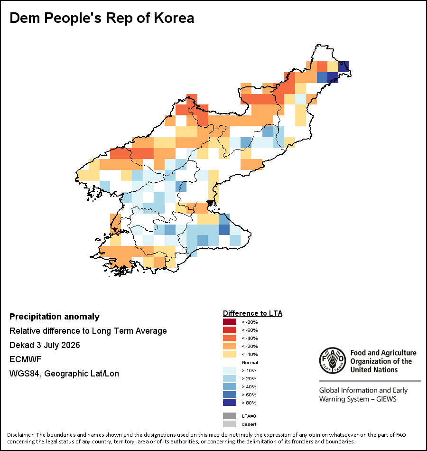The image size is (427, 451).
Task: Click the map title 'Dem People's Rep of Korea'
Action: pyautogui.click(x=102, y=18)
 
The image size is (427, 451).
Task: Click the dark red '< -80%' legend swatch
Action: pyautogui.click(x=230, y=322)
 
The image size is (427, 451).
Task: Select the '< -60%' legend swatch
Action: pyautogui.click(x=230, y=330)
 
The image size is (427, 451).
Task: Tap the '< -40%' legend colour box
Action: pyautogui.click(x=230, y=338)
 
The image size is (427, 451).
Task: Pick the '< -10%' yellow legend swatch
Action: pyautogui.click(x=230, y=354)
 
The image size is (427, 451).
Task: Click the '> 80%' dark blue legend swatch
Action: pyautogui.click(x=230, y=403)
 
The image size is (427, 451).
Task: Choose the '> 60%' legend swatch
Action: pyautogui.click(x=230, y=395)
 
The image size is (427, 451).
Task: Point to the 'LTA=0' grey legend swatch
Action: pyautogui.click(x=230, y=416)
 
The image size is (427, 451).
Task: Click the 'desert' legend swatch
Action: pyautogui.click(x=230, y=424)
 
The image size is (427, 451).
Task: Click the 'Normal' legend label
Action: pyautogui.click(x=250, y=362)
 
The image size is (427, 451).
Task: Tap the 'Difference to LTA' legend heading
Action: pyautogui.click(x=252, y=313)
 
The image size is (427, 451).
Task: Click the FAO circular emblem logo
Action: pyautogui.click(x=333, y=361)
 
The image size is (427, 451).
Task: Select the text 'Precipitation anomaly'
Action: pyautogui.click(x=55, y=317)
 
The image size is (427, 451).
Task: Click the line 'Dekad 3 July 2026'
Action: pyautogui.click(x=45, y=345)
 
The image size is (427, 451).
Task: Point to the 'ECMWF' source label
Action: pyautogui.click(x=26, y=359)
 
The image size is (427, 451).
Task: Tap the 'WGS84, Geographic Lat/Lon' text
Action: pyautogui.click(x=64, y=374)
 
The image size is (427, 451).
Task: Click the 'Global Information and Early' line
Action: pyautogui.click(x=363, y=390)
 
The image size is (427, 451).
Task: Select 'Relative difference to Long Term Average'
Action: pyautogui.click(x=88, y=331)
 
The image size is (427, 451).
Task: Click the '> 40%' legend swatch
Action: pyautogui.click(x=230, y=386)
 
